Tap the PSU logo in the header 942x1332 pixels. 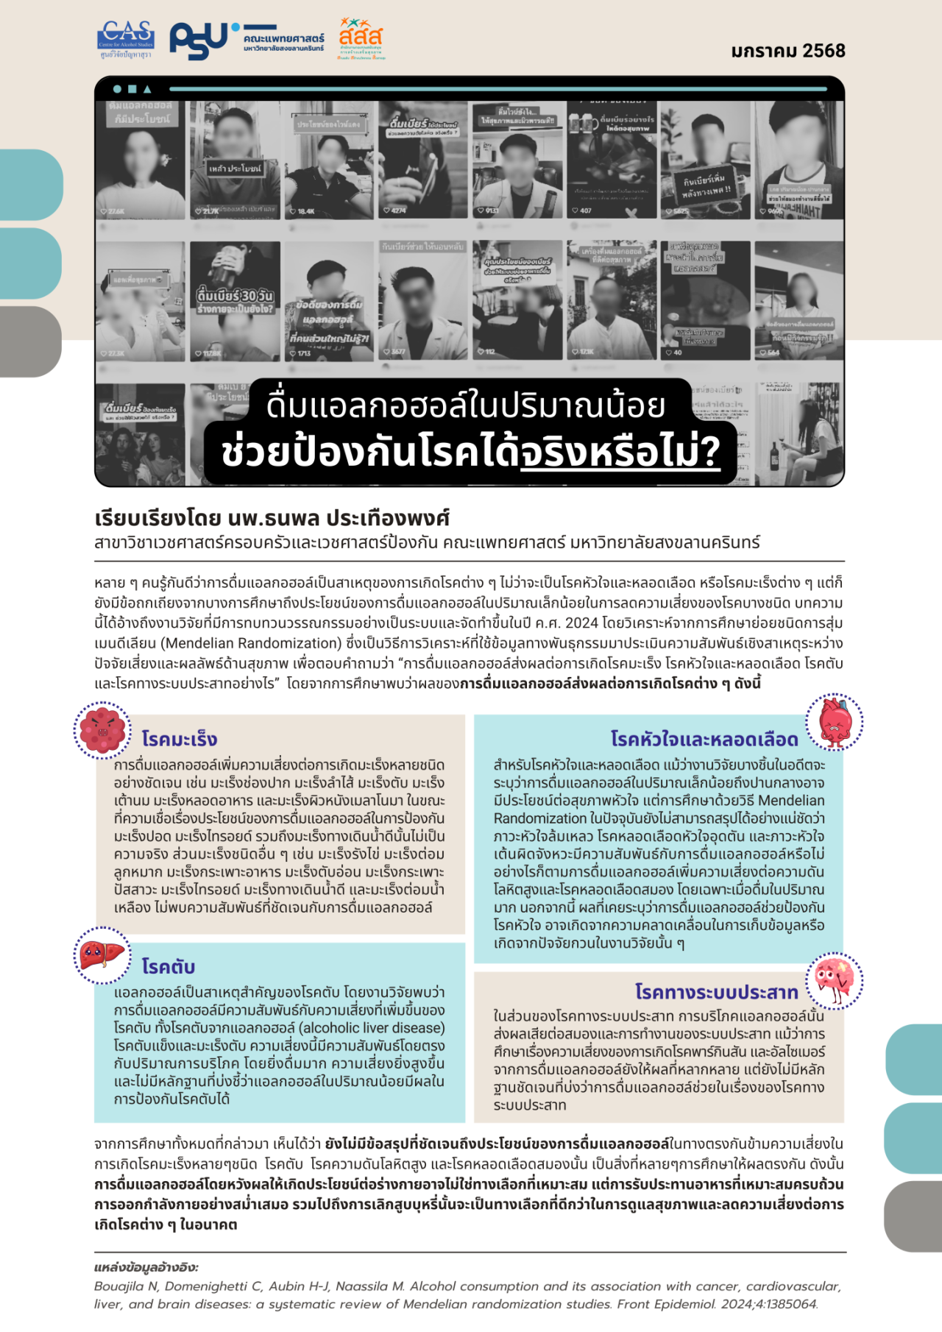(199, 40)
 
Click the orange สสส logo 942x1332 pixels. (361, 38)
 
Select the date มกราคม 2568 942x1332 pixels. (788, 51)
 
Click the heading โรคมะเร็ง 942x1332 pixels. (180, 739)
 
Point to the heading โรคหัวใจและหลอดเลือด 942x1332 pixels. (704, 739)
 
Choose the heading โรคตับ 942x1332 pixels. (169, 966)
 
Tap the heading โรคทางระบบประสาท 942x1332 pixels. (717, 992)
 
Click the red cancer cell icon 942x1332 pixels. (103, 730)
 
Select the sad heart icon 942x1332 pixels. (834, 722)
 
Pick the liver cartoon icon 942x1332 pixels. (102, 955)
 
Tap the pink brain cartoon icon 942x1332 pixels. (835, 980)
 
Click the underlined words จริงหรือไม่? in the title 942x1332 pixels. (620, 452)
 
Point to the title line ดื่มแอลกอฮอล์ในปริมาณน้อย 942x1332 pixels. (466, 405)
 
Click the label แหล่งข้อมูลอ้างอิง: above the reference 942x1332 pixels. (146, 1267)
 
